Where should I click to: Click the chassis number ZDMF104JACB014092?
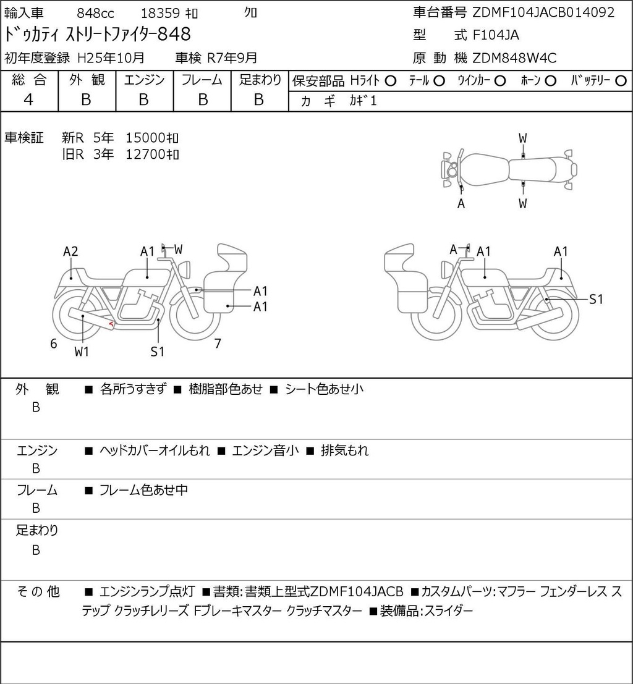point(543,12)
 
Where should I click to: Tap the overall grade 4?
point(28,100)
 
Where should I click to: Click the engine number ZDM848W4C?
point(515,58)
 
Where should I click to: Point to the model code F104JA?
point(496,35)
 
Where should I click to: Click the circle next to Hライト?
point(390,81)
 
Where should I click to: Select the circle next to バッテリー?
point(621,81)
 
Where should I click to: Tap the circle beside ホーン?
point(550,81)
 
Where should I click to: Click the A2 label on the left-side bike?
point(70,251)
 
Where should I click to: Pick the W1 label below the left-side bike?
point(82,352)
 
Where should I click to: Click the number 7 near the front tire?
point(218,344)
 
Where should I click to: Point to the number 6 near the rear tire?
point(54,344)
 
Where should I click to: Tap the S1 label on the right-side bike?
point(596,299)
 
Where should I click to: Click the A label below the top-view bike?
point(461,203)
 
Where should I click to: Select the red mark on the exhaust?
point(112,324)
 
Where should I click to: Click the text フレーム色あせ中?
point(143,491)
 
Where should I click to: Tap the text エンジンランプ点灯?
point(147,591)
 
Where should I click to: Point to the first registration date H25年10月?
point(111,58)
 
